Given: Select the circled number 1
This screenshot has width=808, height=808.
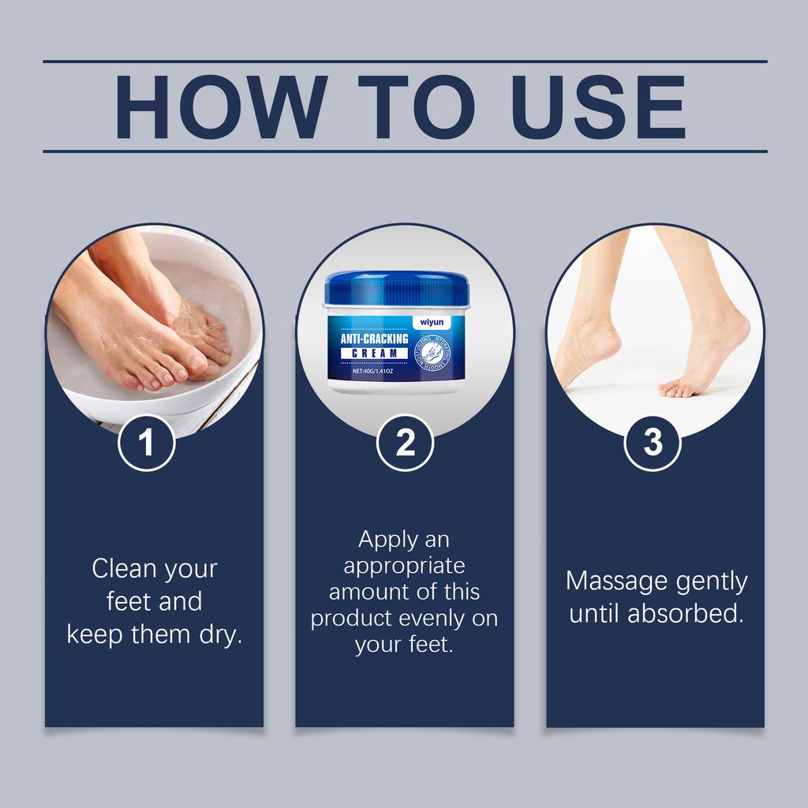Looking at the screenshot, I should (147, 443).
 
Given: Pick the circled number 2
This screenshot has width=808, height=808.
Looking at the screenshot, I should (405, 443).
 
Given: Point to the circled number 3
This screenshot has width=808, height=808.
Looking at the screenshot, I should (653, 443).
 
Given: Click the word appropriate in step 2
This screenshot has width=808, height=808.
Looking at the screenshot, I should (404, 566).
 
